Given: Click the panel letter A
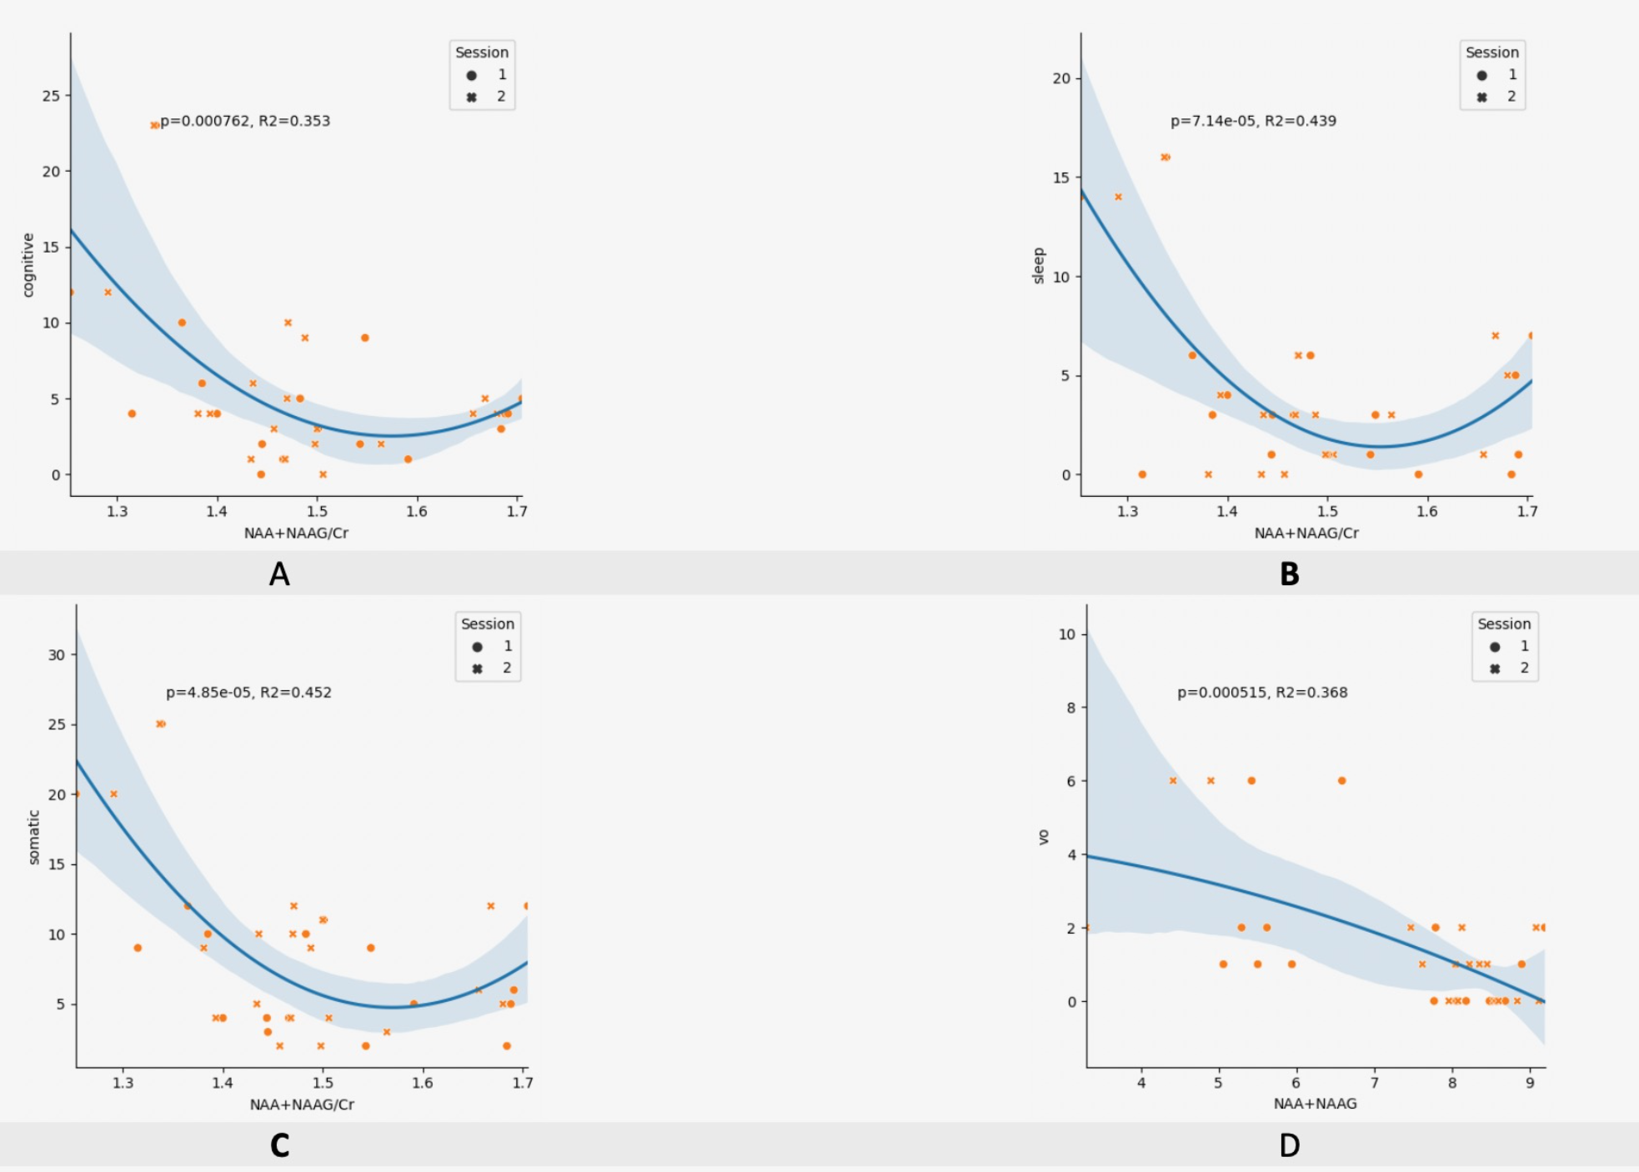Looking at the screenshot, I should (x=279, y=573).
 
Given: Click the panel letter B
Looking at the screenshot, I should (x=1289, y=573).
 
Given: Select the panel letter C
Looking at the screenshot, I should (x=279, y=1145).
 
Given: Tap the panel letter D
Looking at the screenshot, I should (x=1289, y=1145).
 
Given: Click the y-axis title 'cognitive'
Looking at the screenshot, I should (x=28, y=265).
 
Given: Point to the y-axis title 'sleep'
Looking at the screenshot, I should (x=1039, y=266).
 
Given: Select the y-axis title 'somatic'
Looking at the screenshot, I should (x=34, y=837).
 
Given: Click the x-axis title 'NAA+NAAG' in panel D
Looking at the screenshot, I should (x=1315, y=1104).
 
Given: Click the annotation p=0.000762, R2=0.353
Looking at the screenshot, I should (x=245, y=121).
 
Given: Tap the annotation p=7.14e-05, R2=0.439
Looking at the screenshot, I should (x=1253, y=121).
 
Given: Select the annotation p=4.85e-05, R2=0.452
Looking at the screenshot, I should (x=248, y=693).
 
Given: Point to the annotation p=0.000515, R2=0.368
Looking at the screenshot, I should (x=1262, y=693).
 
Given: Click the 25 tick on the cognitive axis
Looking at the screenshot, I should (x=52, y=96).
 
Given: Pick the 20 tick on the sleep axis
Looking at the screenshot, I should (x=1061, y=78).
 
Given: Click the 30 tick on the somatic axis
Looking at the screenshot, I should (x=57, y=655).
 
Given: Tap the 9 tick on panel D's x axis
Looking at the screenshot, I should (x=1530, y=1083).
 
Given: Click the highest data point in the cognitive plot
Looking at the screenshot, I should (x=154, y=125).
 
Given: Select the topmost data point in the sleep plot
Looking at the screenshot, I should (x=1165, y=157).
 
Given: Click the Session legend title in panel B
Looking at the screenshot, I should (x=1492, y=53).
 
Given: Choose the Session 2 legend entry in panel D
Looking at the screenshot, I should (x=1509, y=669).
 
